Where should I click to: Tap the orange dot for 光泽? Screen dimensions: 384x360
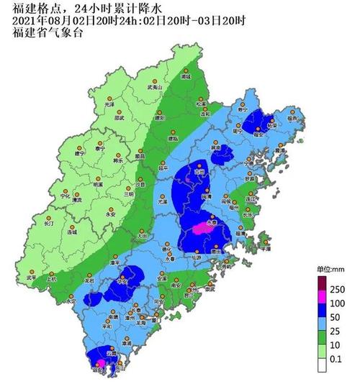click(110, 99)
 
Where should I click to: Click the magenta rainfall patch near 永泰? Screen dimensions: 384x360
click(201, 229)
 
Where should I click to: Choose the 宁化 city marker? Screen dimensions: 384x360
click(66, 190)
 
